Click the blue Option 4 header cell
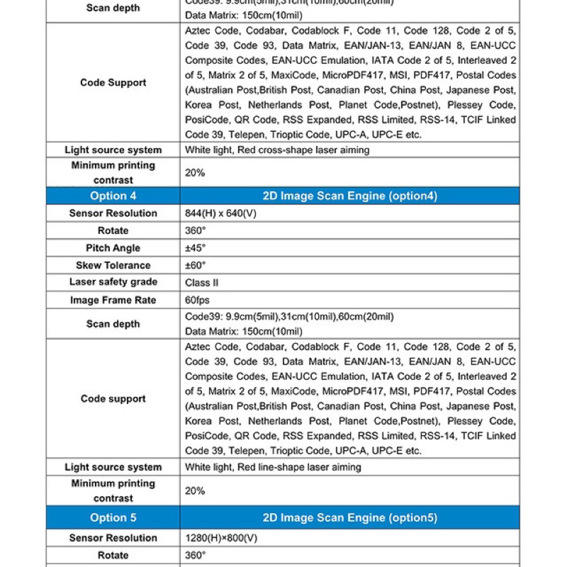(x=113, y=196)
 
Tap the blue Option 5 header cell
(x=113, y=518)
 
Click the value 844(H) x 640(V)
(x=219, y=213)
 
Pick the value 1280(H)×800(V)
(x=221, y=538)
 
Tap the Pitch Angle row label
(x=113, y=248)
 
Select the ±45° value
(x=195, y=248)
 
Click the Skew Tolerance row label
(x=113, y=265)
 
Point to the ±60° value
(x=195, y=265)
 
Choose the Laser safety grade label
(x=113, y=282)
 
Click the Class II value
(x=201, y=282)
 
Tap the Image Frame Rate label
(x=113, y=300)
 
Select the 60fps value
(x=197, y=300)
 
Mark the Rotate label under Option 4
(x=113, y=230)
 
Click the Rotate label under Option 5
(x=113, y=555)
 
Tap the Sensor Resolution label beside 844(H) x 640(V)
(x=113, y=213)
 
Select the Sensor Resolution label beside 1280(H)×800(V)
(x=113, y=538)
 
